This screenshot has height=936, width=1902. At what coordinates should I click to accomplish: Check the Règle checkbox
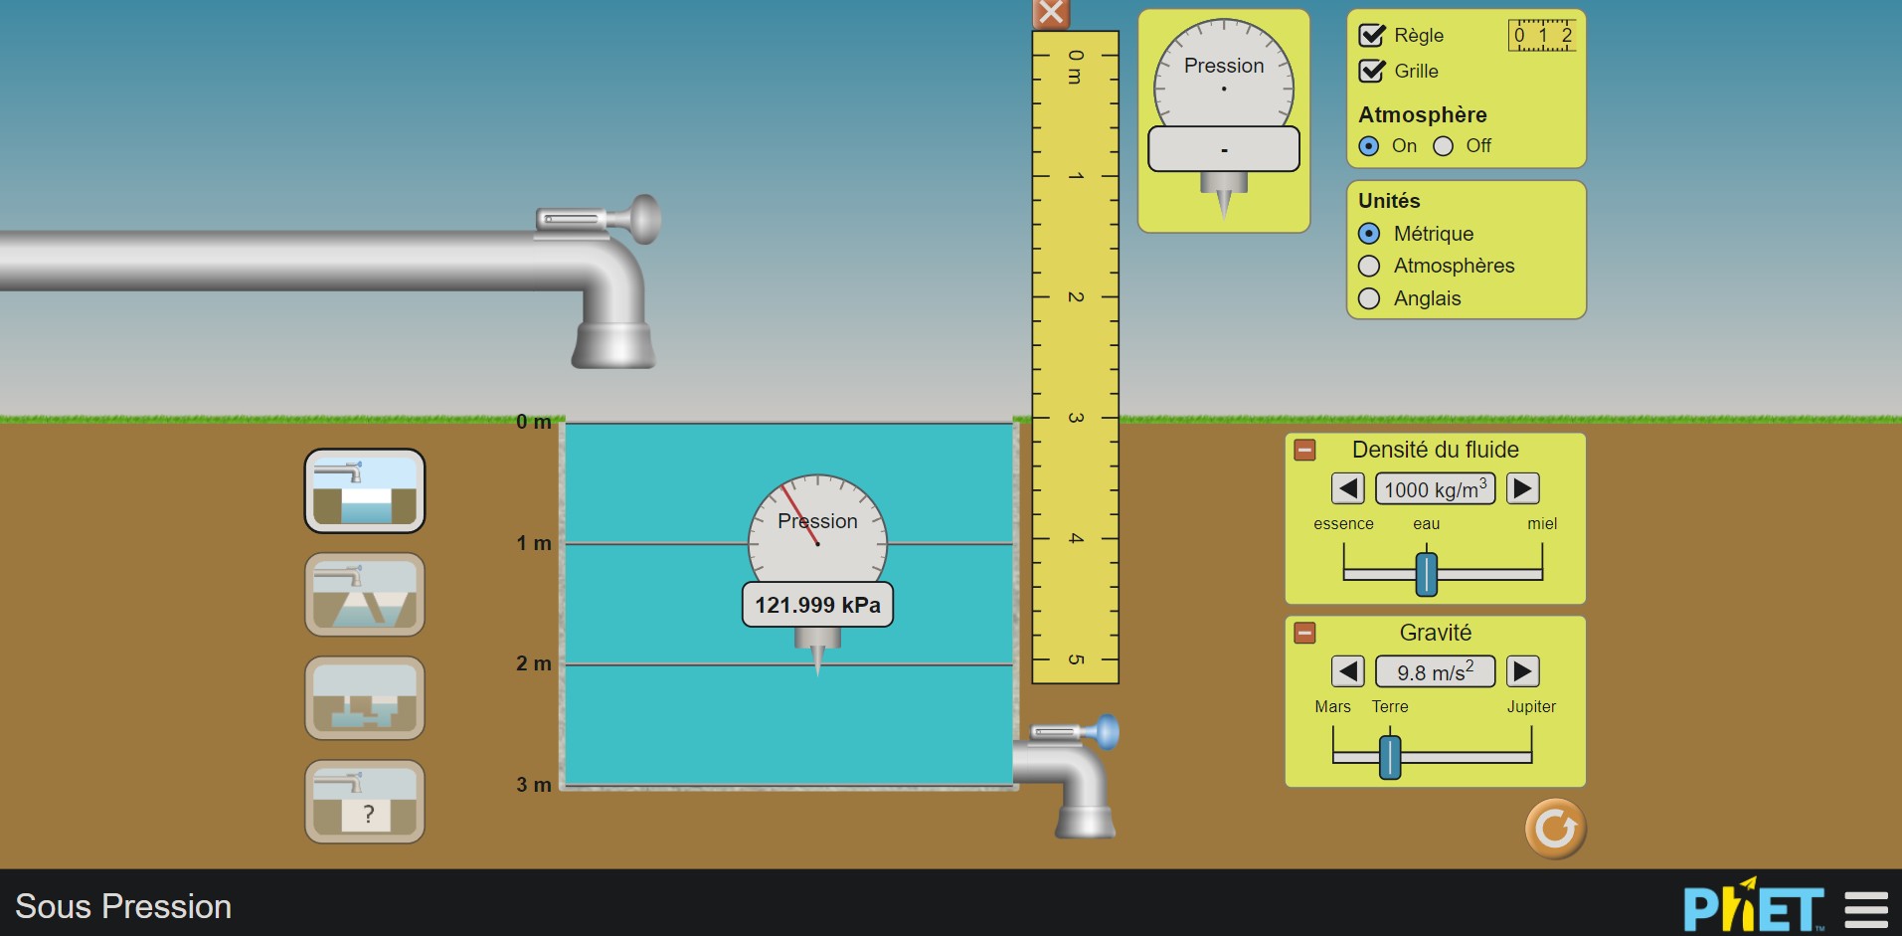point(1372,36)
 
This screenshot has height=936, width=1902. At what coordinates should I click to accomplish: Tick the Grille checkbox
point(1372,71)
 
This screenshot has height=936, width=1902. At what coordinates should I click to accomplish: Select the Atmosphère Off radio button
point(1443,146)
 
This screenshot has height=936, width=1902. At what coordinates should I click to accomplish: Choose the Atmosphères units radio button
point(1369,266)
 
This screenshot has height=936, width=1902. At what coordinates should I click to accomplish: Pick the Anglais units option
point(1369,298)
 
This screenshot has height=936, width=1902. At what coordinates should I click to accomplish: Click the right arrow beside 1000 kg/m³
point(1523,488)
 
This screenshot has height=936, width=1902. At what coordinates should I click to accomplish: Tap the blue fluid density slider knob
point(1427,574)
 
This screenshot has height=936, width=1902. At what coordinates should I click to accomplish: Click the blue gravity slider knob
point(1390,757)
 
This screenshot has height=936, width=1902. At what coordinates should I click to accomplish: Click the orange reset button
point(1556,829)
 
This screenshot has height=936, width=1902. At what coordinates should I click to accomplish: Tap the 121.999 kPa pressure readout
point(817,605)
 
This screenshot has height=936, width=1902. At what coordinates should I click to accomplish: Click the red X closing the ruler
point(1051,14)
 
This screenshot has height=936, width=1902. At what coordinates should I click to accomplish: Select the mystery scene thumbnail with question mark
point(365,802)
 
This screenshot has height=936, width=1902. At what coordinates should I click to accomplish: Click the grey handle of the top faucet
point(645,219)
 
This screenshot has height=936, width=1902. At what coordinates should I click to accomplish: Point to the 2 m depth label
point(534,663)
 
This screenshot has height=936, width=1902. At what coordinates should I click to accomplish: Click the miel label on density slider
point(1542,523)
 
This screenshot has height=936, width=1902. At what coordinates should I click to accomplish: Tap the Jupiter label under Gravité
point(1531,706)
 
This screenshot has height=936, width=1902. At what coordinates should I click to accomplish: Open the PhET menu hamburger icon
point(1866,909)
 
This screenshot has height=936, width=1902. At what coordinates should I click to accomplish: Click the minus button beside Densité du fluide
point(1304,450)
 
